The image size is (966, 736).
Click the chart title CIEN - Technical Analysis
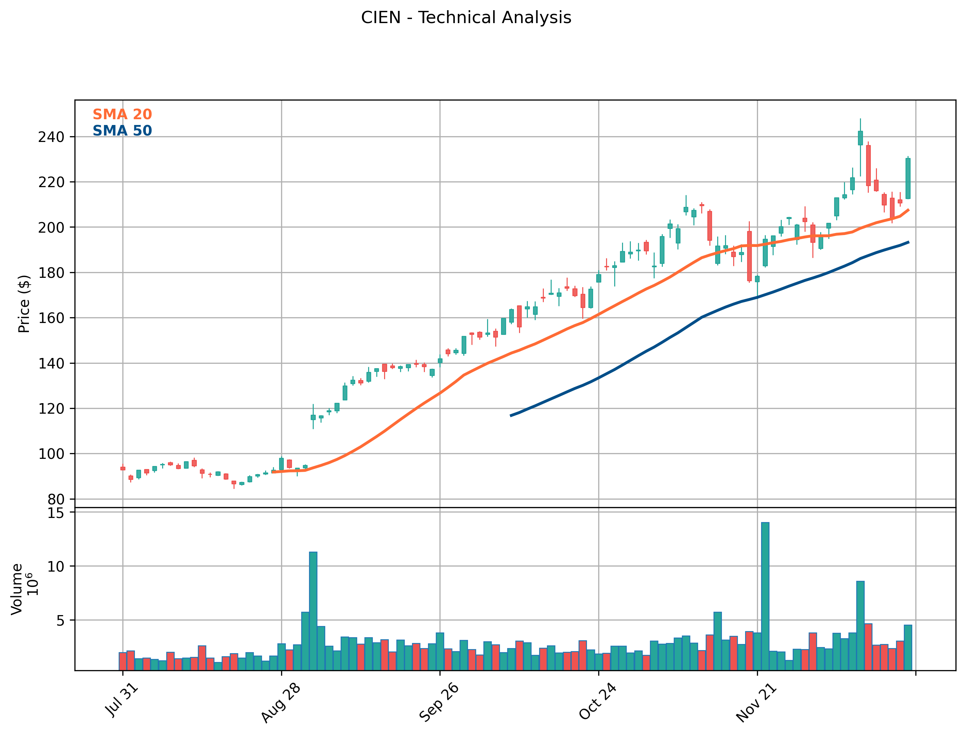point(466,18)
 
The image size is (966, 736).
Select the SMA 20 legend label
point(122,114)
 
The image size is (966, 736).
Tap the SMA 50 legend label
point(122,130)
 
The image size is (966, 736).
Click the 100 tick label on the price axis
point(51,454)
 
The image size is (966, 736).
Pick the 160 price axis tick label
point(51,318)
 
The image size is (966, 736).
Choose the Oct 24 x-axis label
point(598,701)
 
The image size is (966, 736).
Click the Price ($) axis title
point(24,304)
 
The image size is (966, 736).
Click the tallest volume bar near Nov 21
point(765,596)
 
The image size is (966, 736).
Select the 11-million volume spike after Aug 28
point(313,611)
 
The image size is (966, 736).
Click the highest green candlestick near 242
point(860,138)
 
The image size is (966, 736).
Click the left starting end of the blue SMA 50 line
point(511,415)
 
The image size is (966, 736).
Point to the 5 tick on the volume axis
point(61,620)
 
